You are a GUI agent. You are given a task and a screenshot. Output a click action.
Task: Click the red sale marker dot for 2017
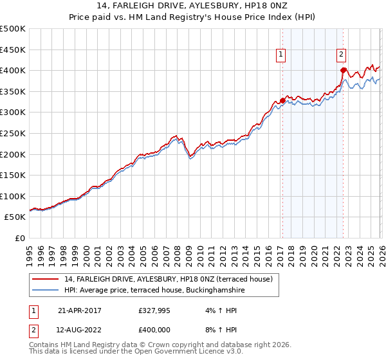coord(282,100)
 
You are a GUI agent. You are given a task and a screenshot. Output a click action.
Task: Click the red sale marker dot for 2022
coord(344,70)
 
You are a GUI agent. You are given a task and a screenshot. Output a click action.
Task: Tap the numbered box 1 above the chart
coord(282,55)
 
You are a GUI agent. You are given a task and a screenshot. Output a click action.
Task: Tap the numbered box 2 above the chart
coord(341,55)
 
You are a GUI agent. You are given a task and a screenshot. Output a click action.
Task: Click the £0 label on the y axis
coord(19,238)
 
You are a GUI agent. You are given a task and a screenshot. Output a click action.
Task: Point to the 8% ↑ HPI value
coord(222,330)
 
